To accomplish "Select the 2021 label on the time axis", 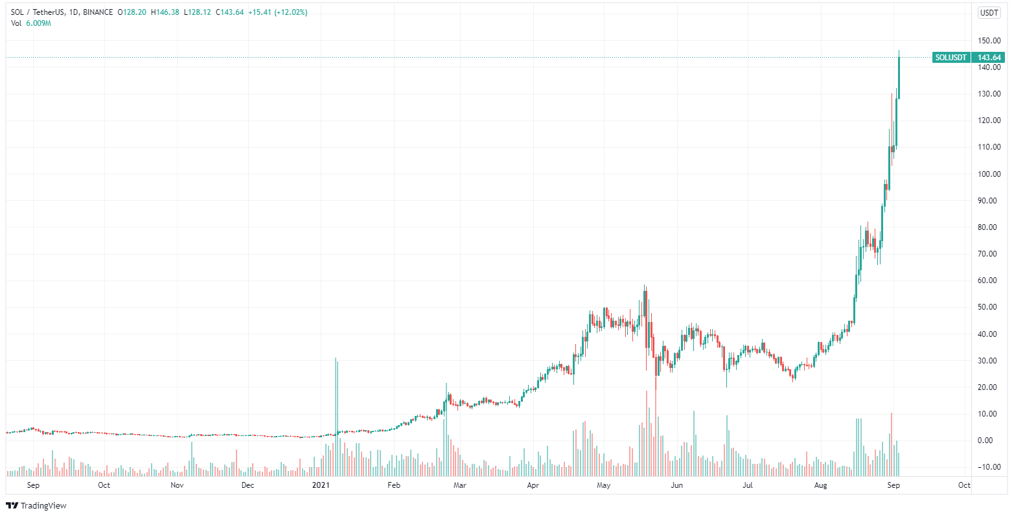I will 321,485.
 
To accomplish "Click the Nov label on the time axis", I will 177,485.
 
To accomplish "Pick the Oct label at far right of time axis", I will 964,485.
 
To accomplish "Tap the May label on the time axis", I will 604,485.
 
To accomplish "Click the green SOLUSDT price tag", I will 951,58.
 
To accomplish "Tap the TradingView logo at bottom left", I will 36,505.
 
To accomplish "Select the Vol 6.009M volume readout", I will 31,23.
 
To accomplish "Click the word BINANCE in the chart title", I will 97,12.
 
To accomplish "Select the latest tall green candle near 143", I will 899,78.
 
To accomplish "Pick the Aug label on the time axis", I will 820,485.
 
